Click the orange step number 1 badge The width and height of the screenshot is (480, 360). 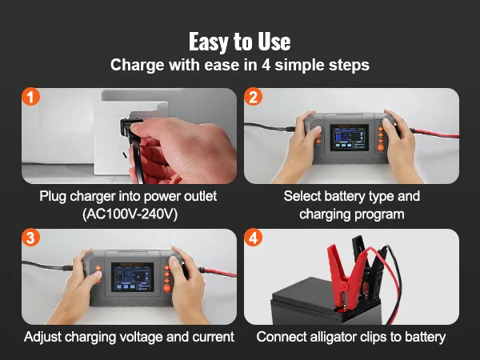point(31,97)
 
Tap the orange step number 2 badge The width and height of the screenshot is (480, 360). point(253,97)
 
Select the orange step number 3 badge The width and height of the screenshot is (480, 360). point(31,238)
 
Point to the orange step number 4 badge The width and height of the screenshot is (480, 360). point(253,238)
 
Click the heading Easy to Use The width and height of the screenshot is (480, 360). point(240,42)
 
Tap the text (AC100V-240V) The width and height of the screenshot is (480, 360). point(130,214)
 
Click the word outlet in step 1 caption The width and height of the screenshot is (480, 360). point(200,196)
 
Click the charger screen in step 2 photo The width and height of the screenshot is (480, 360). point(350,138)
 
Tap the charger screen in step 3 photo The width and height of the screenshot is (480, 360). point(132,277)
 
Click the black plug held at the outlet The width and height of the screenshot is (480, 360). point(132,129)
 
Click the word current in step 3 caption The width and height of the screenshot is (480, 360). point(214,337)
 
